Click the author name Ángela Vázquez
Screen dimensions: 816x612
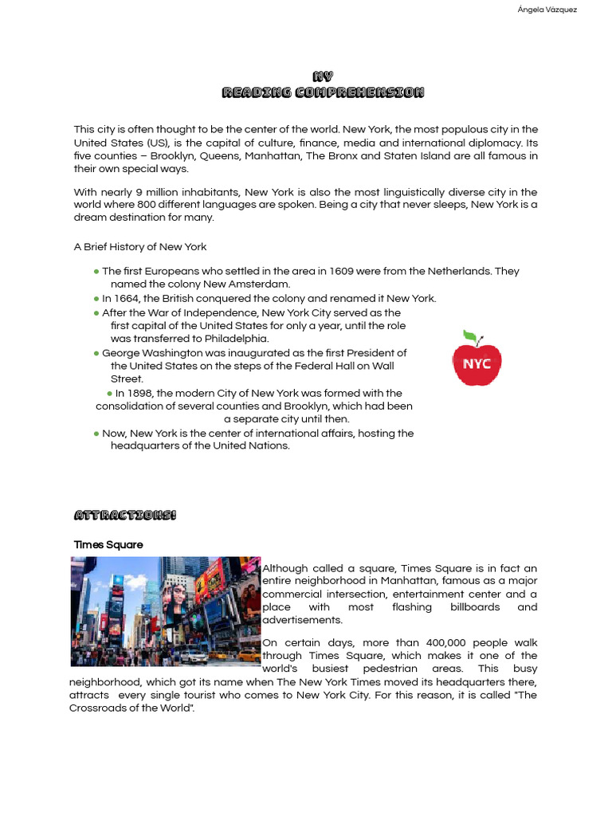(547, 10)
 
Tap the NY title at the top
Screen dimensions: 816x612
(323, 76)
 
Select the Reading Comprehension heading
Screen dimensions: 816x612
(323, 92)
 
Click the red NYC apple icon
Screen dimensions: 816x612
(477, 363)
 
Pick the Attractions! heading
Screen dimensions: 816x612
(124, 515)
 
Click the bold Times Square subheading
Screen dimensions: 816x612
(108, 544)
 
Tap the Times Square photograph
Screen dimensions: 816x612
(165, 611)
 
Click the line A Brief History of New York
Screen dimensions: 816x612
(140, 246)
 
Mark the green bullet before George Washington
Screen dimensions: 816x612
(96, 353)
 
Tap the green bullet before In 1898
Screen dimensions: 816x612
(109, 394)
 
